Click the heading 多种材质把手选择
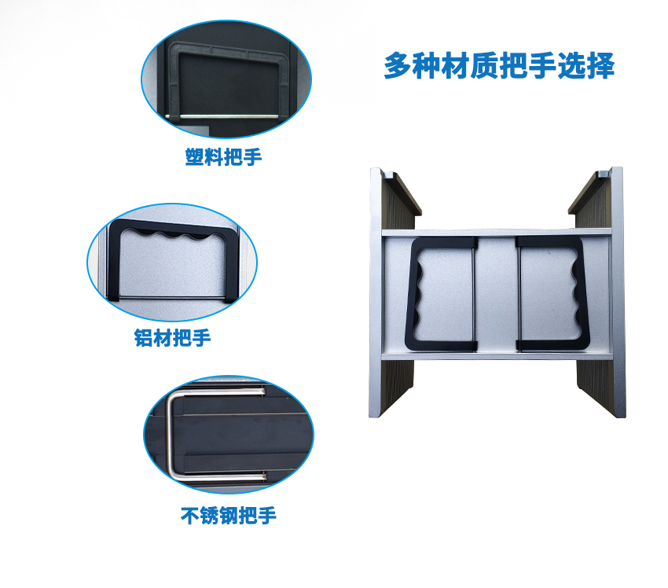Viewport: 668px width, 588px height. point(499,65)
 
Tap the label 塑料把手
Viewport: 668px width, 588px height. point(223,156)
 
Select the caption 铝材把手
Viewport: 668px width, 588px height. point(173,338)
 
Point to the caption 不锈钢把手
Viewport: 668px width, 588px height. point(229,516)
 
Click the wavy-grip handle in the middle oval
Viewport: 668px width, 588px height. point(113,260)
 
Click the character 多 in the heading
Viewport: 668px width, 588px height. point(398,66)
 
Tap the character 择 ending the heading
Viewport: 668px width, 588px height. point(600,66)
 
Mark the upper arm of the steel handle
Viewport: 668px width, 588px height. point(217,390)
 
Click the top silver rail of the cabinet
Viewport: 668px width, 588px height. point(497,232)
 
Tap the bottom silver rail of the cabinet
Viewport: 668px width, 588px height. point(497,356)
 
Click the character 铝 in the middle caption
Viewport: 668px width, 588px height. point(144,338)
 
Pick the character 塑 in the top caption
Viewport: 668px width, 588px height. point(194,156)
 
